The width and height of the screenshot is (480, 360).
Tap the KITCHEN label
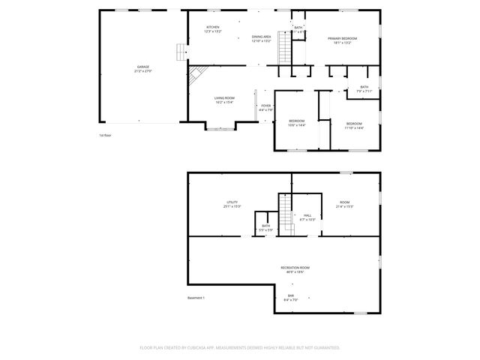click(x=213, y=28)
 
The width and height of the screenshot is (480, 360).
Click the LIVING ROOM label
click(x=224, y=98)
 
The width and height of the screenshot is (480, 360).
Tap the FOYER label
click(x=265, y=106)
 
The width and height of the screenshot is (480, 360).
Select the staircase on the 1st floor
click(x=284, y=48)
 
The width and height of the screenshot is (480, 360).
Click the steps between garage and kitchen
click(x=180, y=52)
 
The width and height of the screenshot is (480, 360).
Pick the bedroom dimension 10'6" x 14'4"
click(x=297, y=125)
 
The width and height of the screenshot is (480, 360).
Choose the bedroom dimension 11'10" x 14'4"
click(x=354, y=127)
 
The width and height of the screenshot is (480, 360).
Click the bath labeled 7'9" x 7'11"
click(x=364, y=91)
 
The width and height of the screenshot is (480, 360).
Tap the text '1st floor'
click(x=105, y=136)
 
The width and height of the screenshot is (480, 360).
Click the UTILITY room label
click(x=232, y=203)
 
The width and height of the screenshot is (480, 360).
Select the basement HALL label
click(x=307, y=215)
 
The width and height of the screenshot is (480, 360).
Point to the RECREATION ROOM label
click(x=295, y=268)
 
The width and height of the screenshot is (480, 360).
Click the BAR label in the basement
click(x=291, y=295)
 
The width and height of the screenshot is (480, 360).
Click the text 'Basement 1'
click(x=196, y=298)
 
